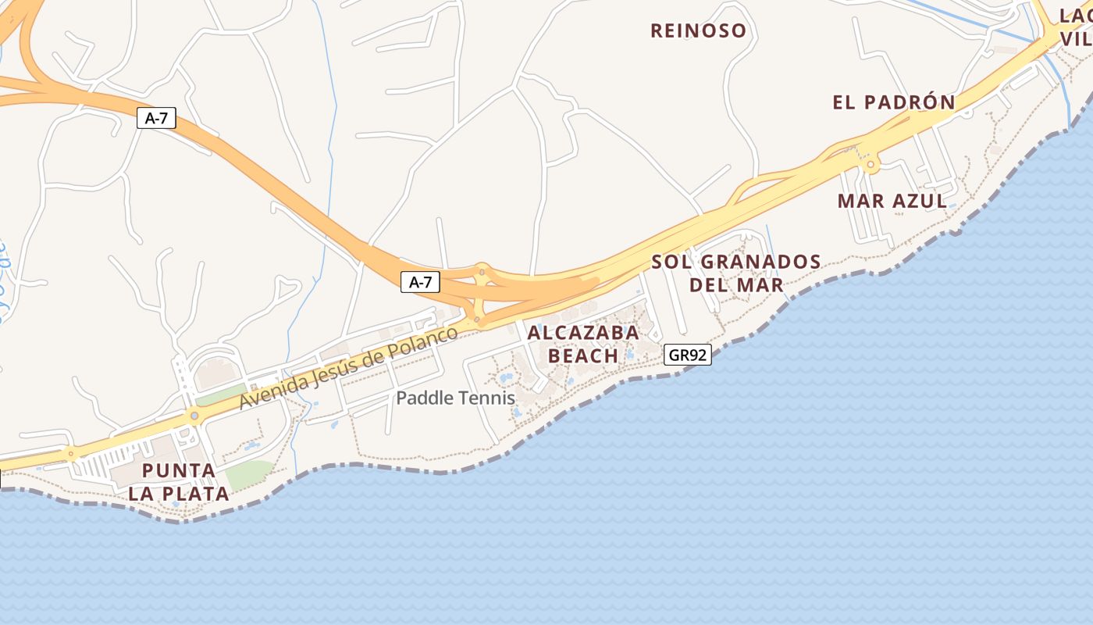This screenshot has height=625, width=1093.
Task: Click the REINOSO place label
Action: (x=698, y=31)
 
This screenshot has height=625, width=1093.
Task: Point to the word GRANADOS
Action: (x=760, y=262)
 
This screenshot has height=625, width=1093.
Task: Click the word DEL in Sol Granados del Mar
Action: (x=709, y=284)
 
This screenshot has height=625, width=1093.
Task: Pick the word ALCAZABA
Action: (x=583, y=333)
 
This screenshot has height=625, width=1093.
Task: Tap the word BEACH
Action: (x=583, y=356)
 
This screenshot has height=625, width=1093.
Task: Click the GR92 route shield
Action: (x=688, y=355)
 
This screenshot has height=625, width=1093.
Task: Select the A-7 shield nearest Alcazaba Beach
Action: (x=420, y=282)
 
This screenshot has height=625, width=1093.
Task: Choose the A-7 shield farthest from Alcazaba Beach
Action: (x=156, y=119)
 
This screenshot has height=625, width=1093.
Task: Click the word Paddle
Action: (x=422, y=398)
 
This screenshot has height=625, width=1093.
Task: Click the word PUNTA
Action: (x=179, y=471)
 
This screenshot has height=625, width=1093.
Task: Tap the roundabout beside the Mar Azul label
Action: (x=870, y=165)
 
